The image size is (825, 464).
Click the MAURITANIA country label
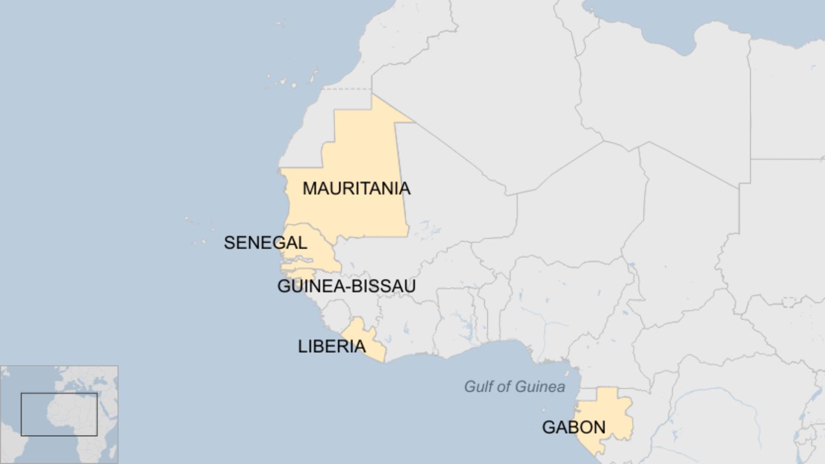click(x=356, y=189)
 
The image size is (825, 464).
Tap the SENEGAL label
click(x=265, y=243)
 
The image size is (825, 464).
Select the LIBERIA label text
click(x=332, y=346)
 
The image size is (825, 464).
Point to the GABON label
click(x=573, y=428)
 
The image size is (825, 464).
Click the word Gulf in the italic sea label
click(x=478, y=387)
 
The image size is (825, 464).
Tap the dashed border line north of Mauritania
click(x=346, y=89)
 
